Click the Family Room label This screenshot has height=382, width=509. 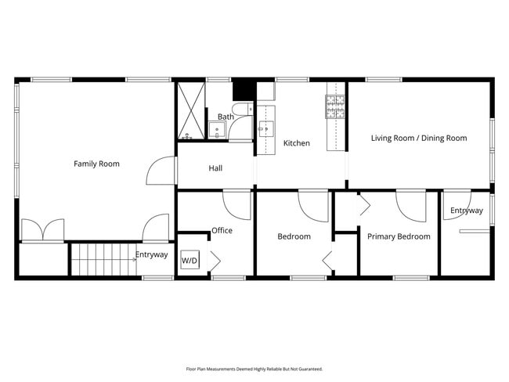96,164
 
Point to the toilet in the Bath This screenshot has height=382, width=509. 240,110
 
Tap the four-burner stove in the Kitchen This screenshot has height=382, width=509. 335,106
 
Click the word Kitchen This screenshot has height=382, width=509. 296,143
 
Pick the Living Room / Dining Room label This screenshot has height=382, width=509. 418,138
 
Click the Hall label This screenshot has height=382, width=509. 215,168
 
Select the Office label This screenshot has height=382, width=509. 222,230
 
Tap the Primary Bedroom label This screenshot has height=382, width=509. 399,236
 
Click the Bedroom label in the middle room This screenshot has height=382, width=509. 294,236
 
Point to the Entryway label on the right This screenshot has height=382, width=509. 466,211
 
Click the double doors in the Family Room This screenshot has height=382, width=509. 42,230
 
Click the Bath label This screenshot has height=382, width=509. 226,117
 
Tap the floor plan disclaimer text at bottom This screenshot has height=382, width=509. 254,368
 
